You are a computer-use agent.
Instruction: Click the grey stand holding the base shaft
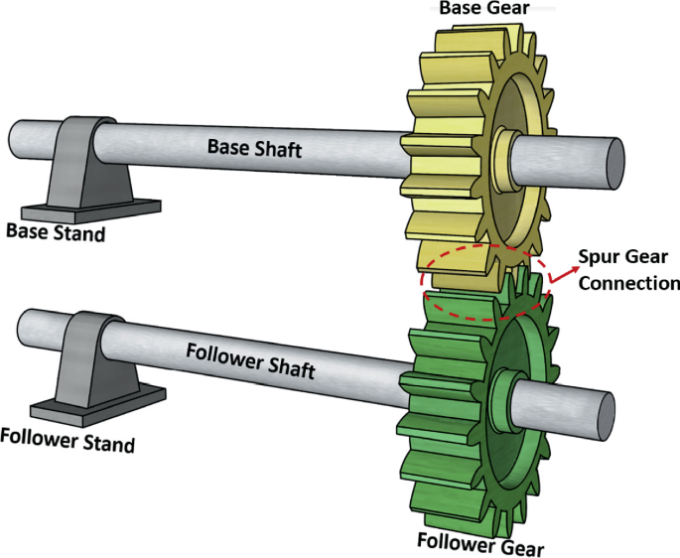point(89,169)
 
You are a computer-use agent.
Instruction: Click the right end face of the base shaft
point(613,161)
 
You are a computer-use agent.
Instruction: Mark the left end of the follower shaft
point(22,330)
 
